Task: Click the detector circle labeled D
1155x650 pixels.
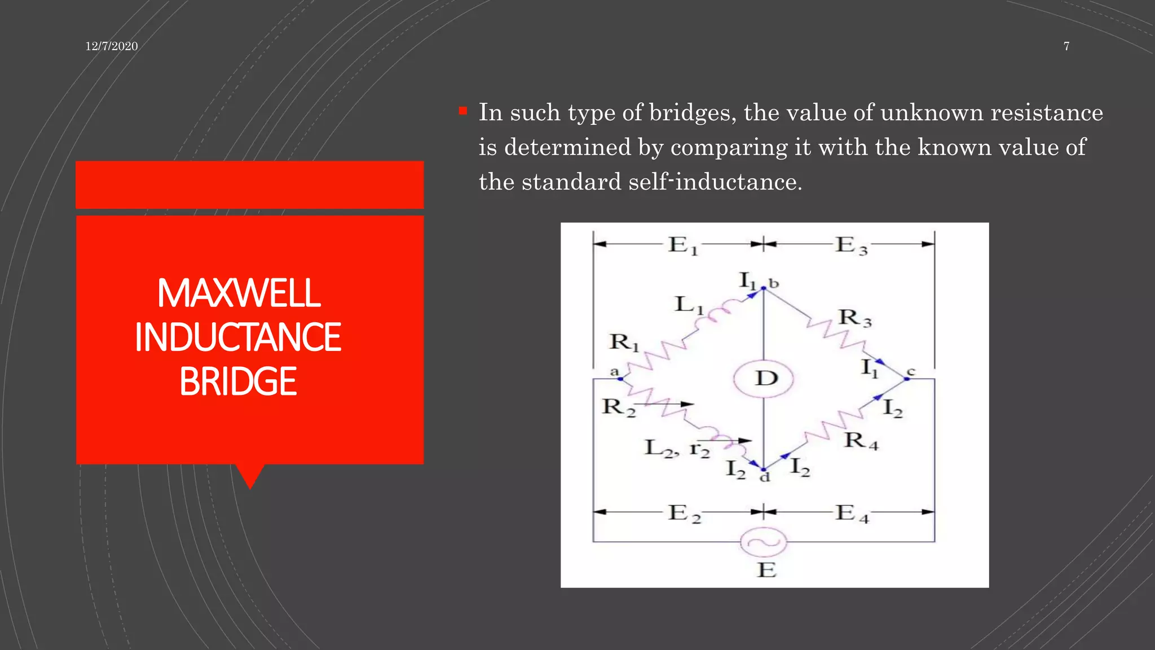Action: coord(764,378)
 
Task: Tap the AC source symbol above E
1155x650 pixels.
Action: coord(763,542)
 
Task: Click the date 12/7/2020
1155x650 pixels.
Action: coord(112,46)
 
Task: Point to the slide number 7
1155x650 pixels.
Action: coord(1066,46)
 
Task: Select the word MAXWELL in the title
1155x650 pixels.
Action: coord(239,293)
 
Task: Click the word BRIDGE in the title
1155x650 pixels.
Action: coord(237,381)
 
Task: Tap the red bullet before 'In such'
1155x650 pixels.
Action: coord(463,111)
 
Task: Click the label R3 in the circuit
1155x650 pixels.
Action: coord(854,318)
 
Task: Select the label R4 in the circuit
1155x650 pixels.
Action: coord(861,441)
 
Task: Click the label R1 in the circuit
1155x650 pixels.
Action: coord(624,342)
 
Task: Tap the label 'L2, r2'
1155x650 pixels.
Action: coord(677,449)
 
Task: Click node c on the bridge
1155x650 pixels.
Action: coord(907,379)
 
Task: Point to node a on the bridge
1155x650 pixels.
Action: coord(620,379)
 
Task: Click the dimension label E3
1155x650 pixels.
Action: coord(851,245)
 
